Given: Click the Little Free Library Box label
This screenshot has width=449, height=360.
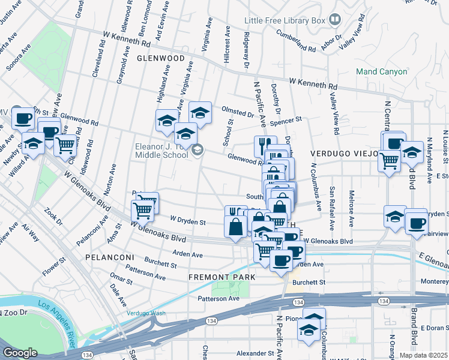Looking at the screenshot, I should tap(285, 20).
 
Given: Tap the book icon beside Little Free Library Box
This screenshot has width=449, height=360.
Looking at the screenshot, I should tap(335, 20).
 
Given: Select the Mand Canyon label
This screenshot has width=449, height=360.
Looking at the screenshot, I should tap(381, 71).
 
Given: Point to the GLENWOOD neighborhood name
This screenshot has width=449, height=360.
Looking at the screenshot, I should tap(160, 58).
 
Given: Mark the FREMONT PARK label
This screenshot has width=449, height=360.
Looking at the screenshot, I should tap(222, 277).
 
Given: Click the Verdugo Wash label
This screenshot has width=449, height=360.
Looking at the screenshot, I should tap(146, 313).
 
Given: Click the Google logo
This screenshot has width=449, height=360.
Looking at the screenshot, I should tap(20, 352).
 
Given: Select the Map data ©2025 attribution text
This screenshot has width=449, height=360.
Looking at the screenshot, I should tap(423, 355).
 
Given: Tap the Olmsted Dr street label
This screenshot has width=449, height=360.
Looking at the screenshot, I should tap(238, 112).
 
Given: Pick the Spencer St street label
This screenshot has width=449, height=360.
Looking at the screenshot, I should tap(285, 121).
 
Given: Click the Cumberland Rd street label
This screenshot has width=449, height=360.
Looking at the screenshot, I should tap(296, 41).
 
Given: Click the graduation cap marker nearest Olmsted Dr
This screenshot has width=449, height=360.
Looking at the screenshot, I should tap(200, 112).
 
